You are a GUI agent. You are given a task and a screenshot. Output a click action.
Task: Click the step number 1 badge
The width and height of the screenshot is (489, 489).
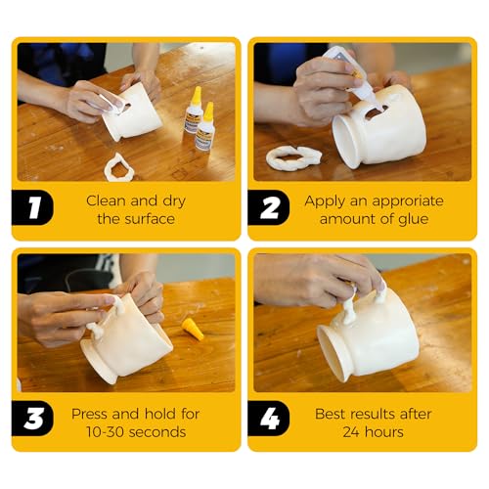(x=32, y=207)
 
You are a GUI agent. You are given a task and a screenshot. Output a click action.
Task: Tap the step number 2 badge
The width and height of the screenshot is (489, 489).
(x=269, y=207)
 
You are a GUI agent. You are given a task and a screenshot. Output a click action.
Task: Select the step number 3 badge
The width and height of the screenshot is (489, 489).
(x=32, y=419)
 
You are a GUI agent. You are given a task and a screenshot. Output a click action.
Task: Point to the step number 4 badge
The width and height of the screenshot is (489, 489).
(x=269, y=419)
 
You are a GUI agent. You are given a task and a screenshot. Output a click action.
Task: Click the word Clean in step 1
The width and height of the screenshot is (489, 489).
(x=106, y=200)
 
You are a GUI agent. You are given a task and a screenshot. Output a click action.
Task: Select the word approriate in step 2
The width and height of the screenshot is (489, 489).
(x=408, y=201)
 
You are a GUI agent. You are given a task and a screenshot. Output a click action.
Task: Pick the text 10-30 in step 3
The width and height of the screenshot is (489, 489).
(x=104, y=432)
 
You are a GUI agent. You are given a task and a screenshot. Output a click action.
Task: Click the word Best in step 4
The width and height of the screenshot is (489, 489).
(x=328, y=414)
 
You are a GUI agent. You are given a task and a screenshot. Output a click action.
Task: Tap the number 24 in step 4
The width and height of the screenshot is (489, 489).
(x=351, y=432)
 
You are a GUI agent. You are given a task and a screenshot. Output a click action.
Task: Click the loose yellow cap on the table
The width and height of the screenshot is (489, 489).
(x=193, y=330)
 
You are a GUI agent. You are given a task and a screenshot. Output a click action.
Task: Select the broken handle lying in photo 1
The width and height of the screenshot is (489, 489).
(x=119, y=167)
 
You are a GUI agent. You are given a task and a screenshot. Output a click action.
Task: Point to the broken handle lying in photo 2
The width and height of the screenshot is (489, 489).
(x=293, y=157)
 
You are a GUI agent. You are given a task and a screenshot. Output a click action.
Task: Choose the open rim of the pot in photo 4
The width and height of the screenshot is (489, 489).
(x=333, y=354)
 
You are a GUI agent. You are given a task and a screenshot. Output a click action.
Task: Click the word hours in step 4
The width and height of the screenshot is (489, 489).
(x=383, y=432)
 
